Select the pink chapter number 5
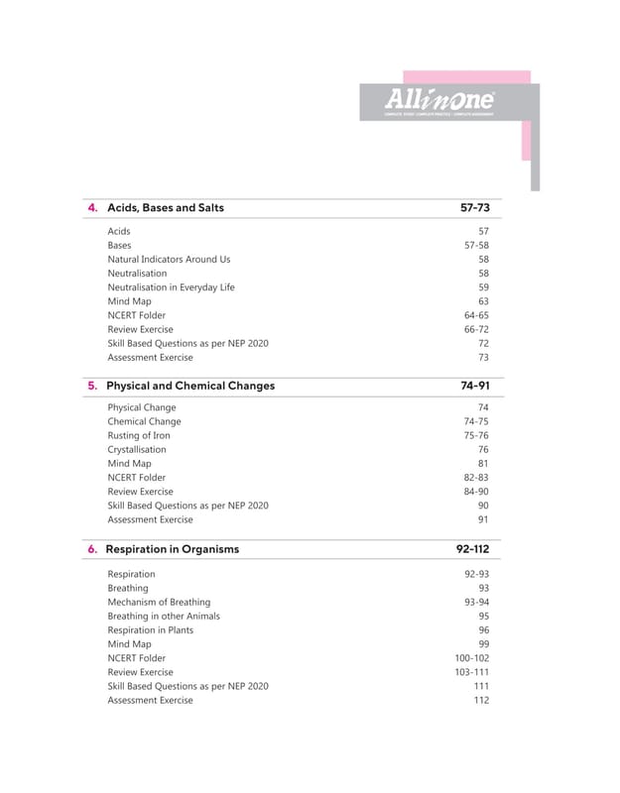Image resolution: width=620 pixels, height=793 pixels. pyautogui.click(x=92, y=386)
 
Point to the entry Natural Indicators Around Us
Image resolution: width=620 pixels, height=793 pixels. pyautogui.click(x=169, y=259)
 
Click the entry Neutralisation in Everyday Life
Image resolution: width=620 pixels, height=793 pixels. pyautogui.click(x=171, y=286)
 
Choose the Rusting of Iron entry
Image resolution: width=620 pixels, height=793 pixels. pyautogui.click(x=139, y=435)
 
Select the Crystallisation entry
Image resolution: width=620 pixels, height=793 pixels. pyautogui.click(x=137, y=449)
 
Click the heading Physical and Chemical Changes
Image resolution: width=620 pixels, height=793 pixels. pyautogui.click(x=190, y=386)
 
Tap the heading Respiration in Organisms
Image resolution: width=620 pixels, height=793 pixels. pyautogui.click(x=173, y=549)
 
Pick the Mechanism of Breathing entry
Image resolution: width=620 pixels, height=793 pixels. pyautogui.click(x=159, y=602)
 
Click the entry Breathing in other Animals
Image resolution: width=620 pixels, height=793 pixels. pyautogui.click(x=164, y=616)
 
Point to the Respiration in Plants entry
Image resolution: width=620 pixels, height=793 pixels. pyautogui.click(x=151, y=629)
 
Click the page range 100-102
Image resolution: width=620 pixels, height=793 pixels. pyautogui.click(x=471, y=658)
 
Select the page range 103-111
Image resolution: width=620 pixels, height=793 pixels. pyautogui.click(x=471, y=672)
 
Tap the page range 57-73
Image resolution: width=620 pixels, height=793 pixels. pyautogui.click(x=469, y=208)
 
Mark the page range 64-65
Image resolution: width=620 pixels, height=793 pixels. pyautogui.click(x=476, y=315)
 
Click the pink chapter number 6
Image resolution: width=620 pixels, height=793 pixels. pyautogui.click(x=92, y=549)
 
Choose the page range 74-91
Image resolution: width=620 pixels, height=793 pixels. pyautogui.click(x=469, y=386)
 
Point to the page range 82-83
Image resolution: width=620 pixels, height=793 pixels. pyautogui.click(x=476, y=478)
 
